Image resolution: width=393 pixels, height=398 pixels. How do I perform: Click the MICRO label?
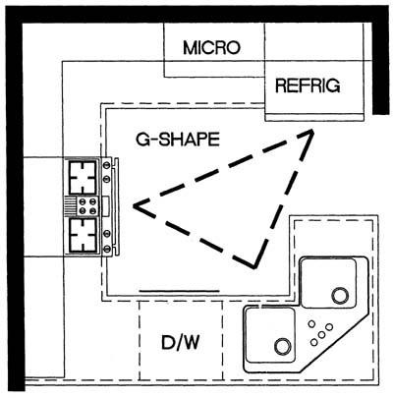pyautogui.click(x=211, y=48)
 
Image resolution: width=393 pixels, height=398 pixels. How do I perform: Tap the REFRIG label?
pyautogui.click(x=308, y=85)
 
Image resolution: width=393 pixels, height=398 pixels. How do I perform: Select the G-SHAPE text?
pyautogui.click(x=178, y=140)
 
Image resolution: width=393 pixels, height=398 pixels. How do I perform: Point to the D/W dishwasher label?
pyautogui.click(x=181, y=343)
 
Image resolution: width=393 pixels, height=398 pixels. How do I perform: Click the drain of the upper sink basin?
pyautogui.click(x=340, y=296)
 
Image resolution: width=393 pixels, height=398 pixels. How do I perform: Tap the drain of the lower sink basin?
pyautogui.click(x=282, y=346)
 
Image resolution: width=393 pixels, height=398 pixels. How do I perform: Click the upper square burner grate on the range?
pyautogui.click(x=84, y=178)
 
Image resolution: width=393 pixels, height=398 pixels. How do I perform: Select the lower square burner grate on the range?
pyautogui.click(x=84, y=235)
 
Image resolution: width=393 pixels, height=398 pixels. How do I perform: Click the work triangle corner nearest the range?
pyautogui.click(x=135, y=205)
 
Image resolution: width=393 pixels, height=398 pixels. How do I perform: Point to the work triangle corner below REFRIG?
pyautogui.click(x=311, y=132)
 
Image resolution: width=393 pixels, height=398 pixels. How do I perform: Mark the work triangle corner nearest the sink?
pyautogui.click(x=254, y=267)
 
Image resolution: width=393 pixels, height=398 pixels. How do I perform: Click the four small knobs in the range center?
pyautogui.click(x=87, y=206)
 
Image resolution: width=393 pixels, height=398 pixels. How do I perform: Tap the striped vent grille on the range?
pyautogui.click(x=70, y=206)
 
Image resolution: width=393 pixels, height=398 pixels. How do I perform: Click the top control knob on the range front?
pyautogui.click(x=106, y=165)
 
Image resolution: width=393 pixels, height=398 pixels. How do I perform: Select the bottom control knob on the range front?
pyautogui.click(x=106, y=250)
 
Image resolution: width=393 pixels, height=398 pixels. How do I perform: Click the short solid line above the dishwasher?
pyautogui.click(x=179, y=291)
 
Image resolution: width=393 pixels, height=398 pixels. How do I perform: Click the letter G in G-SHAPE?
pyautogui.click(x=142, y=140)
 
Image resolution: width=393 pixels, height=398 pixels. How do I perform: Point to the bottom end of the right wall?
pyautogui.click(x=381, y=114)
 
